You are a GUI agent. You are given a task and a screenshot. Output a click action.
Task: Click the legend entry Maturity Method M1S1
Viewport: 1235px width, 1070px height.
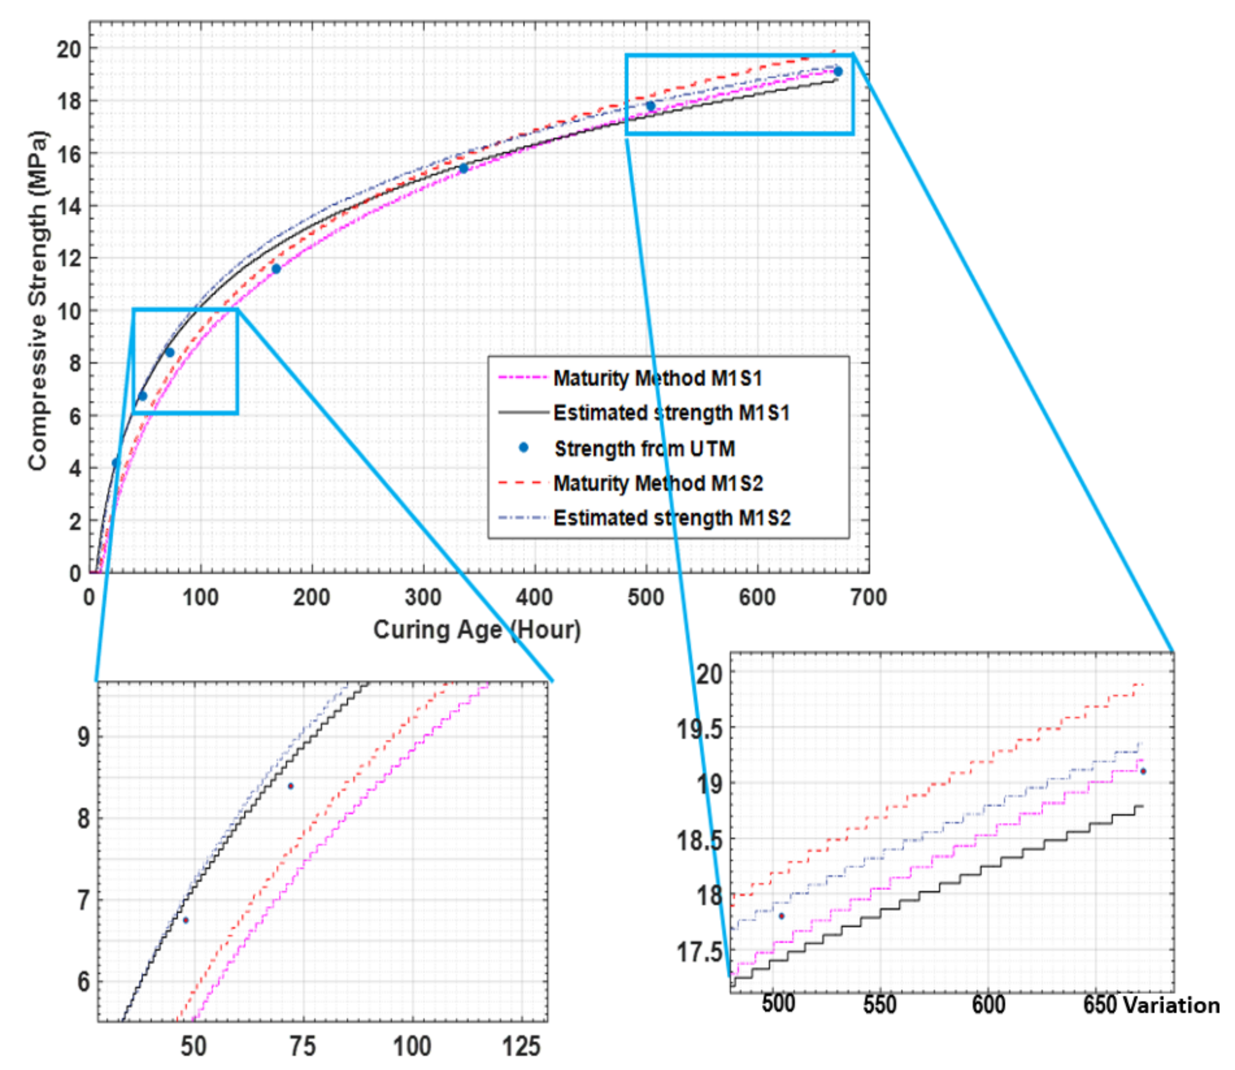(x=657, y=378)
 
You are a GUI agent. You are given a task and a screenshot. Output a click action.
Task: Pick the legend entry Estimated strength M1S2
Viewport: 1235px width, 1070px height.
(x=671, y=518)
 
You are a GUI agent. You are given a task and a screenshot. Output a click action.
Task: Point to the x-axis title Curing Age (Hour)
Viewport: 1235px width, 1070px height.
(x=477, y=630)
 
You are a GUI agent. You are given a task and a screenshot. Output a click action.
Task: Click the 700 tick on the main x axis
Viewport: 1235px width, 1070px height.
(x=868, y=597)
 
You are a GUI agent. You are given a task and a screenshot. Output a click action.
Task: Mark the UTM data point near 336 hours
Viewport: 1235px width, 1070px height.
(x=463, y=169)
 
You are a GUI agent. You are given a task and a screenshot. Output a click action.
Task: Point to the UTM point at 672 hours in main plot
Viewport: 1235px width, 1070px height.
(x=838, y=72)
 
